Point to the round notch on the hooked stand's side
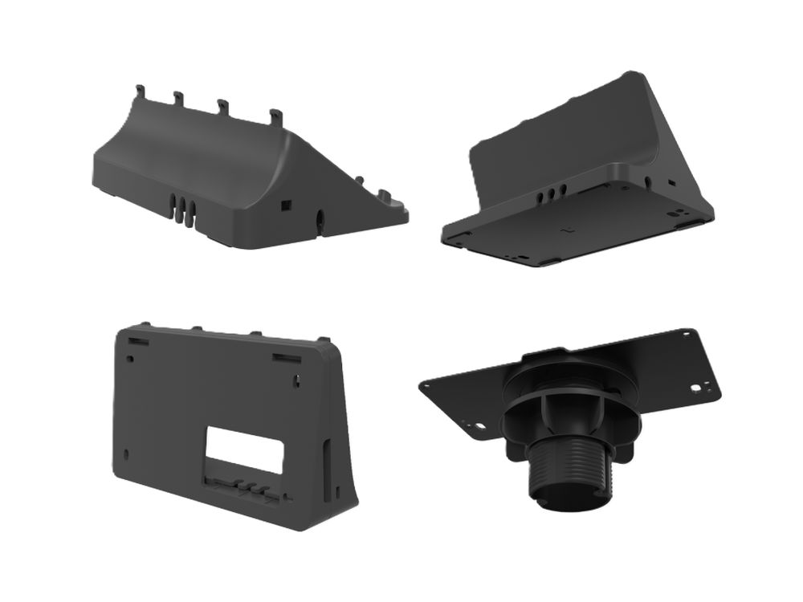321,218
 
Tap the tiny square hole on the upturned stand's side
671,183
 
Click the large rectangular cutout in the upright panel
245,449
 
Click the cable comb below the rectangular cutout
241,487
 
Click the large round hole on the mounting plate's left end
479,427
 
